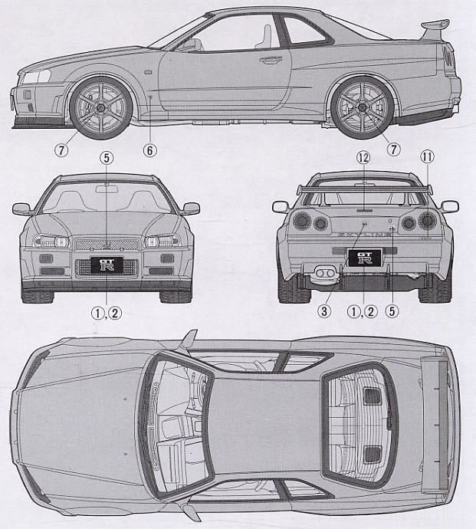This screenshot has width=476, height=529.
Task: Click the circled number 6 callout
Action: [150, 150]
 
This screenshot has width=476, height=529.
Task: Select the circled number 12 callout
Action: [364, 158]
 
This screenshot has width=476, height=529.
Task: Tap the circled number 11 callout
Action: [427, 158]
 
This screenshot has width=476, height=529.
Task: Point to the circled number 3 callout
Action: [324, 311]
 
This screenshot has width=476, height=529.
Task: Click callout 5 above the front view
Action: [107, 158]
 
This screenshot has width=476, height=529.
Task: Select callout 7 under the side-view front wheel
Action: [61, 150]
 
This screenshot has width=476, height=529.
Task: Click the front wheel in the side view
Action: [100, 108]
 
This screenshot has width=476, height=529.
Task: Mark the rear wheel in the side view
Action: [363, 108]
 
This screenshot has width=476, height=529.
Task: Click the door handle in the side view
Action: [271, 59]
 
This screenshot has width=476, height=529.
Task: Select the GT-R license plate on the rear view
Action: [364, 258]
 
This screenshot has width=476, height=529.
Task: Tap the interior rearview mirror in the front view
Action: [107, 189]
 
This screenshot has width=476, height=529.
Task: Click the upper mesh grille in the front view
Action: [107, 244]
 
